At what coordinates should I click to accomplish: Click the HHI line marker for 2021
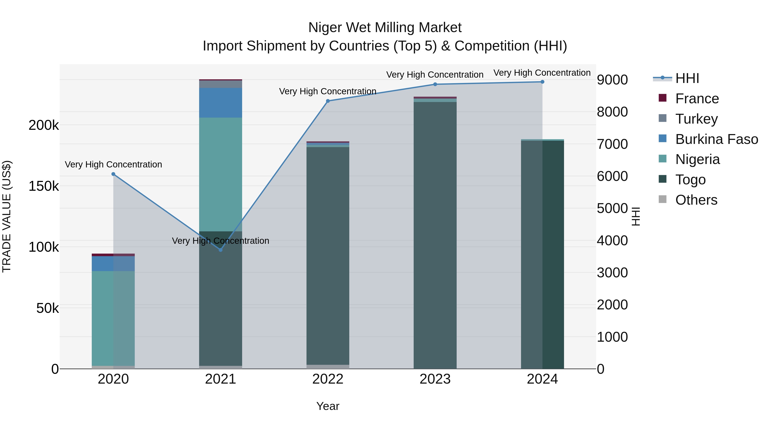point(221,250)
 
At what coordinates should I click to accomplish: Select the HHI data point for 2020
point(113,174)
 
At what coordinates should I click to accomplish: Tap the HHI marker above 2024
point(542,82)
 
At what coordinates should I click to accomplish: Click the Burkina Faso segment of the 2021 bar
point(221,102)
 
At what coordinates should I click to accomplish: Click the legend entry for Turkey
point(696,119)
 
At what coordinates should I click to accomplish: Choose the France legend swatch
point(663,98)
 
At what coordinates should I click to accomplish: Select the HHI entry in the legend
point(687,78)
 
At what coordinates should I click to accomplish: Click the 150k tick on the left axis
point(44,186)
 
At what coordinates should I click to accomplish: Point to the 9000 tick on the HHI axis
point(612,80)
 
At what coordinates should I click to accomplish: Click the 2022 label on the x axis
point(328,379)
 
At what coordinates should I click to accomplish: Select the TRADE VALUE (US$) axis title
point(7,216)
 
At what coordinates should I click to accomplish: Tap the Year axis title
point(328,406)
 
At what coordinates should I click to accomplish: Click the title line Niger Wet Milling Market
point(385,28)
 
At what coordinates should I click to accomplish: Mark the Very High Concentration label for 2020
point(113,164)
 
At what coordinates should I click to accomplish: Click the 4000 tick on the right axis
point(612,241)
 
